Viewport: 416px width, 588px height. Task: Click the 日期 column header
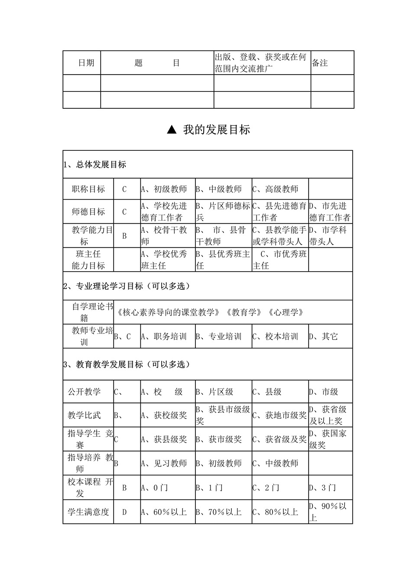point(86,63)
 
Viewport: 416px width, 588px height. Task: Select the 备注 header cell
point(320,63)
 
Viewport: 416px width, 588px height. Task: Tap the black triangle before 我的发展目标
point(172,130)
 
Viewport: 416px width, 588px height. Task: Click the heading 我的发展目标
point(216,130)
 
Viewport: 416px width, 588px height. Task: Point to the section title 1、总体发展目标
point(95,165)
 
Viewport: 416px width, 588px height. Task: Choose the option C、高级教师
point(276,189)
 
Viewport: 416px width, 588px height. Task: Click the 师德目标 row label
point(88,211)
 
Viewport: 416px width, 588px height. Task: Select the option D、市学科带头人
point(328,236)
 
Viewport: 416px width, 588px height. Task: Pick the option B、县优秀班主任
point(223,260)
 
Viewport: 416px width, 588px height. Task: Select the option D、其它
point(323,336)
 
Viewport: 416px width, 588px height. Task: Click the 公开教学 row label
point(84,392)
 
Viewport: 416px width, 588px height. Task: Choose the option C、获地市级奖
point(279,415)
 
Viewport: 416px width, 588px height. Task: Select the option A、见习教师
point(164,463)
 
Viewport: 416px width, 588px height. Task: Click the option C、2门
point(266,487)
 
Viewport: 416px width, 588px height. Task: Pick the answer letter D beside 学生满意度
point(124,512)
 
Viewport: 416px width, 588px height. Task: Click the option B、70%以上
point(218,512)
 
